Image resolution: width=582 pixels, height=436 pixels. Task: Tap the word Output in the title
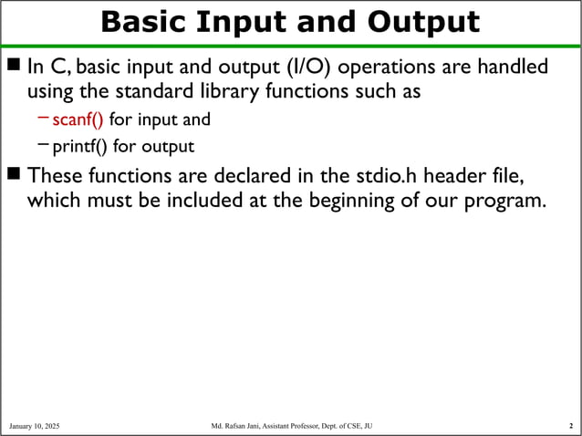point(421,22)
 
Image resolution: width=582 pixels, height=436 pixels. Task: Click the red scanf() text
point(78,119)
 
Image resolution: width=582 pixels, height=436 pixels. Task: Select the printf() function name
point(80,146)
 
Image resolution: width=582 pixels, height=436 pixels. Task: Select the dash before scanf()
point(44,119)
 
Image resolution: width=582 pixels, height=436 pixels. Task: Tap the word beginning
point(337,200)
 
